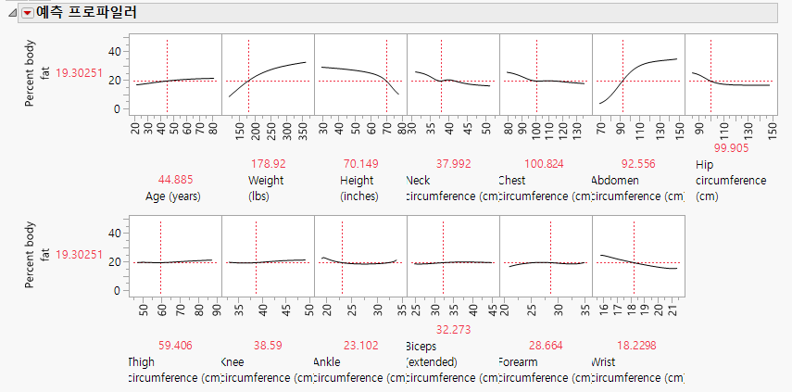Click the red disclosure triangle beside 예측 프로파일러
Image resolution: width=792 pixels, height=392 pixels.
pyautogui.click(x=26, y=13)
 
